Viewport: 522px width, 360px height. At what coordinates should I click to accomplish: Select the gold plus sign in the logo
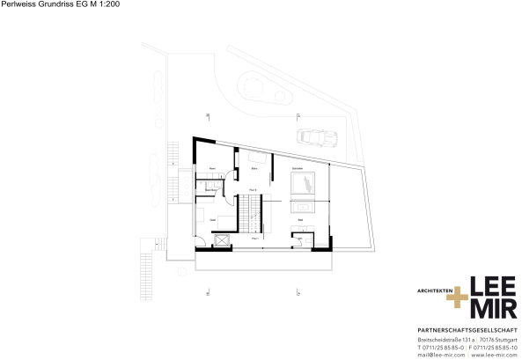point(457,298)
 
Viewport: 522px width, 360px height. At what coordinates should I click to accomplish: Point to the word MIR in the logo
point(494,311)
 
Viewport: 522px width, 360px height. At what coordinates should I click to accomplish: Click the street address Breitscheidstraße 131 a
point(445,339)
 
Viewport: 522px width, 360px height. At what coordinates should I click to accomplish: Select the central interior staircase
point(254,213)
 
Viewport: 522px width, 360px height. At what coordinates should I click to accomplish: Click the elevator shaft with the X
point(220,240)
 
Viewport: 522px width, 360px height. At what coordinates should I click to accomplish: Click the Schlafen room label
point(298,167)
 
